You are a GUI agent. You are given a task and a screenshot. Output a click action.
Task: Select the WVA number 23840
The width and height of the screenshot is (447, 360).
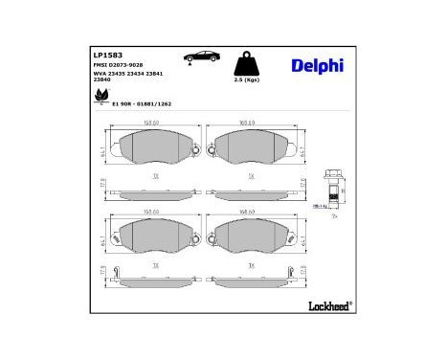tap(101, 79)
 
